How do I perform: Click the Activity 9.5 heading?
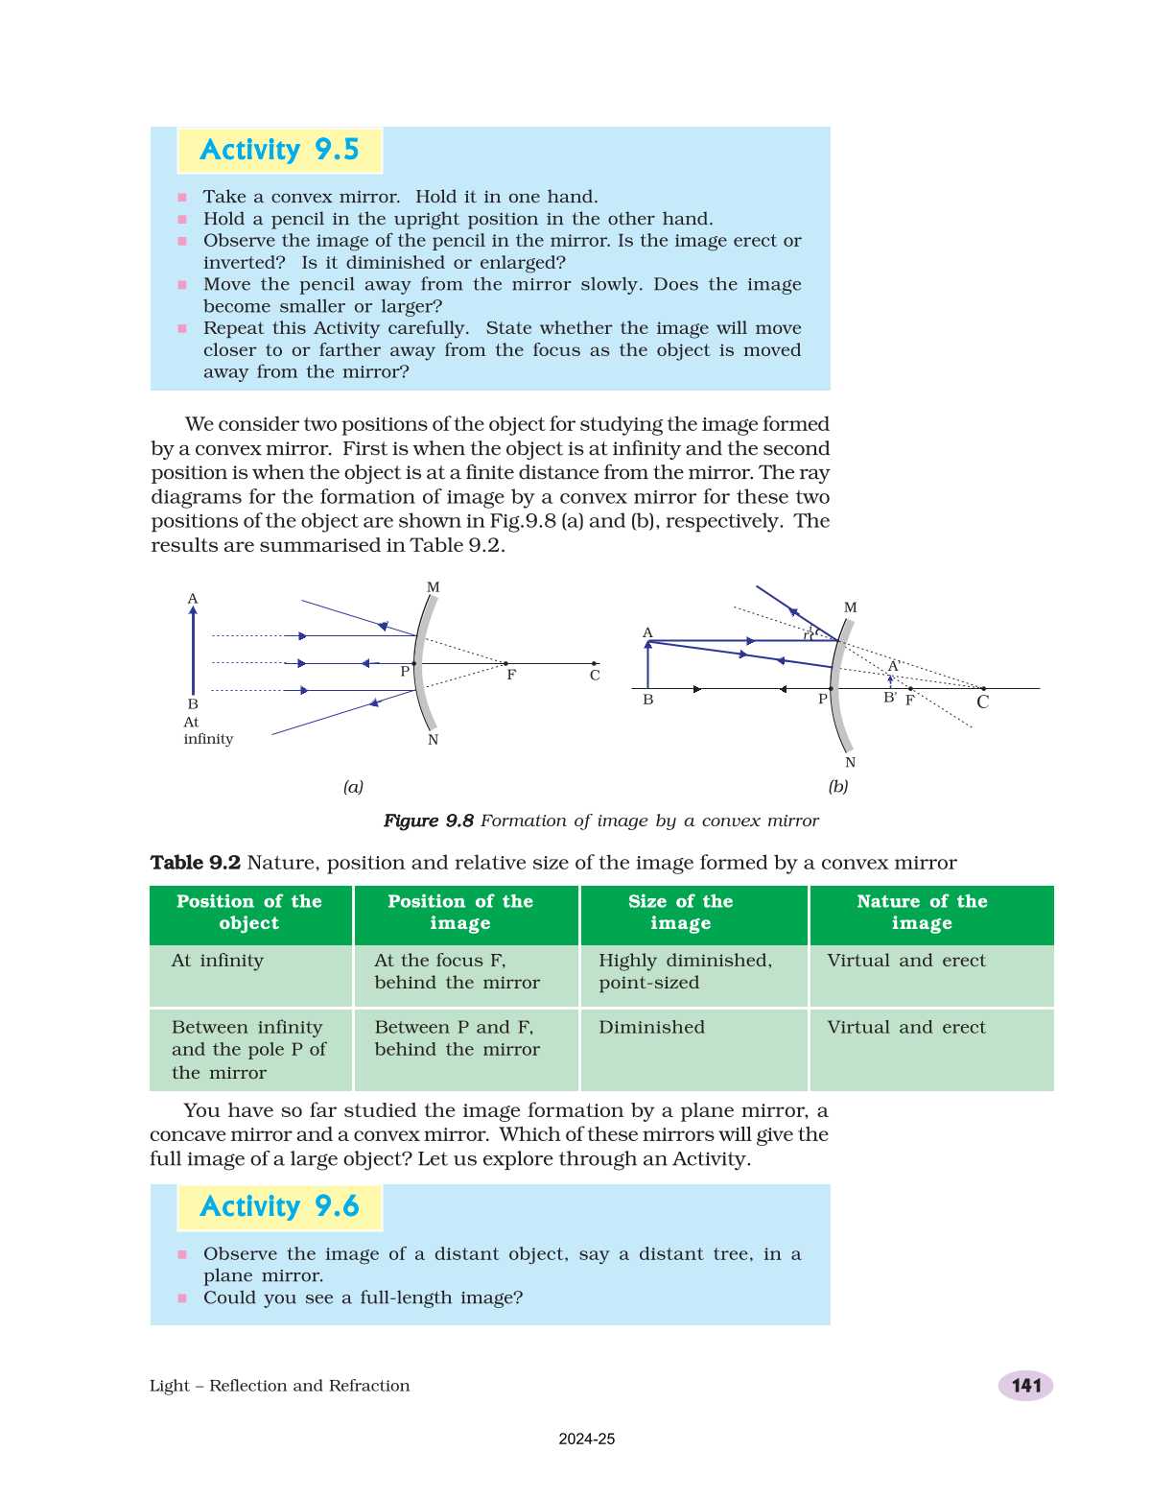[279, 151]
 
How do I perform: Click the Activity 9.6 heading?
[279, 1207]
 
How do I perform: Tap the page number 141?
[1025, 1386]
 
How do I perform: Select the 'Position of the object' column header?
[249, 913]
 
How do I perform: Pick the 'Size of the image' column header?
[680, 913]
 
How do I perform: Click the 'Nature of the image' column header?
[922, 913]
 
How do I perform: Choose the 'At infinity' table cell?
[218, 961]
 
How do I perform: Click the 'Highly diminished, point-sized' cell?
[685, 971]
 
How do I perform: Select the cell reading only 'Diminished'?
[651, 1028]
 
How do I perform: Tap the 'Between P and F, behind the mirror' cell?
[457, 1038]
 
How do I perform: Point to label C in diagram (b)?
[982, 702]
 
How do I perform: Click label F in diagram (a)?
[511, 675]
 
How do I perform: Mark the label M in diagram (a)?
[433, 587]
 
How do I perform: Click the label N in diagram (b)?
[850, 763]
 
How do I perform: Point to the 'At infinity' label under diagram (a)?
[207, 731]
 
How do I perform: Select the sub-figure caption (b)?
[838, 787]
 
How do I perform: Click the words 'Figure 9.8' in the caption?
[429, 821]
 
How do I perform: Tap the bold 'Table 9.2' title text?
[195, 863]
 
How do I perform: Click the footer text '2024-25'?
[587, 1440]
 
